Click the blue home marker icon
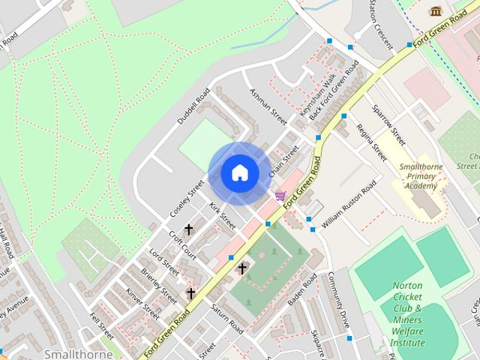239,172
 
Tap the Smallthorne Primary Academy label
419,175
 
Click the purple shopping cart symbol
280,196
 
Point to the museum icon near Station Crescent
435,10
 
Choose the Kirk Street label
222,214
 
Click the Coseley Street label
187,198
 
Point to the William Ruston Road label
349,205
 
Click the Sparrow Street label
392,124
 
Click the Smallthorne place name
78,353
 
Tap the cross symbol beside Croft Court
188,229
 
